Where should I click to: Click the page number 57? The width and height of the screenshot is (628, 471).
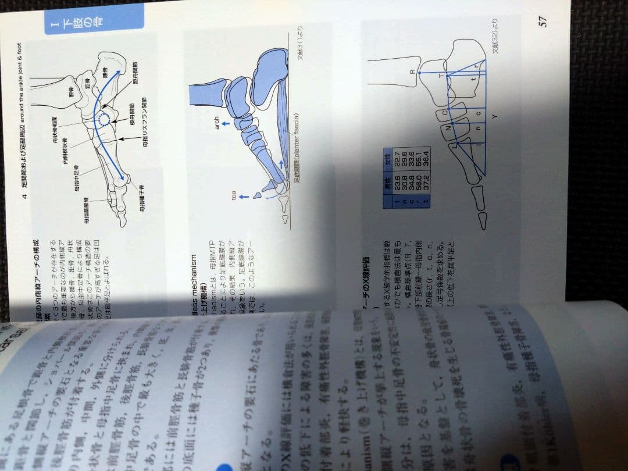(543, 22)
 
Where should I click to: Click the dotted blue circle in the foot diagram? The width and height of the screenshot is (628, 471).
(104, 120)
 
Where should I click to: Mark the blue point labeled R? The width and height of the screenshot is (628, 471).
(419, 72)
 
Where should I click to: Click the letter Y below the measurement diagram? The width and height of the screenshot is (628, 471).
(494, 116)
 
